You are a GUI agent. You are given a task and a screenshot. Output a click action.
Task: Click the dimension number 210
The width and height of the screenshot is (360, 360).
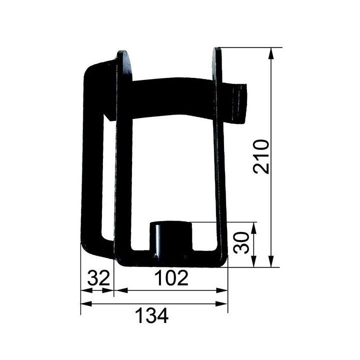261,157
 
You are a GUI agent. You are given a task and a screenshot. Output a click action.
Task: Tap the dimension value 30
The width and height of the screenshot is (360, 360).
241,242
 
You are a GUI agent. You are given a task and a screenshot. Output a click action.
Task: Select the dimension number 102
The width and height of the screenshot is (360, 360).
171,277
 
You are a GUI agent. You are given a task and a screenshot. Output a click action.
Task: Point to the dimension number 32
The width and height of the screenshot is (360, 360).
98,277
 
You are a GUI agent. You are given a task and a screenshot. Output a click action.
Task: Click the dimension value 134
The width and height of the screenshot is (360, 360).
152,315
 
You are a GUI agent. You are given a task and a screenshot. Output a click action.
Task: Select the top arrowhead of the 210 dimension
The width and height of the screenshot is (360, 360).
271,53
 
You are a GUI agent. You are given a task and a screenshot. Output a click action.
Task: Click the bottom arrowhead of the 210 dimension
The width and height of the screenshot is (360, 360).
271,261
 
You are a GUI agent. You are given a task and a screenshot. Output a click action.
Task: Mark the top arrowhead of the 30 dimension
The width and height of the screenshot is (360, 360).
253,228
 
